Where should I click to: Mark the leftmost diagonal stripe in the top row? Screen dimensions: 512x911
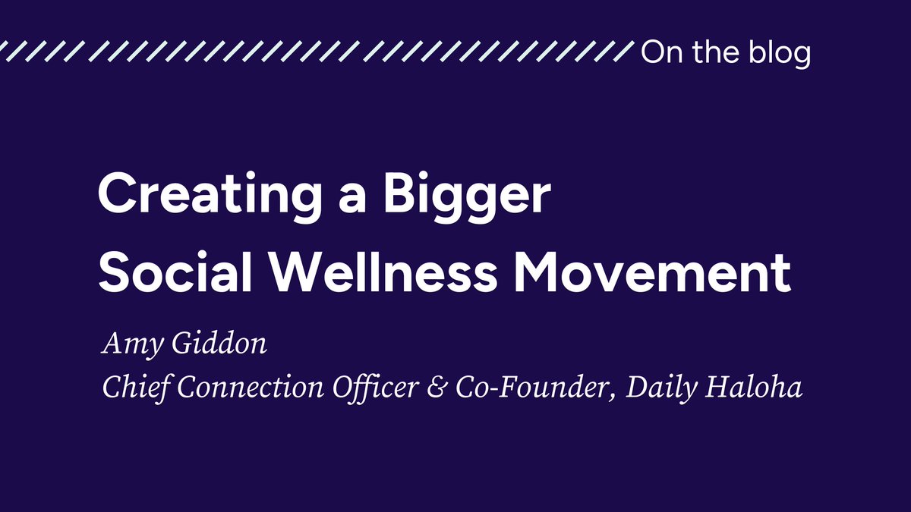tap(7, 52)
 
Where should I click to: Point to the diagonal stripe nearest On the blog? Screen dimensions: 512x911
tap(624, 52)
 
